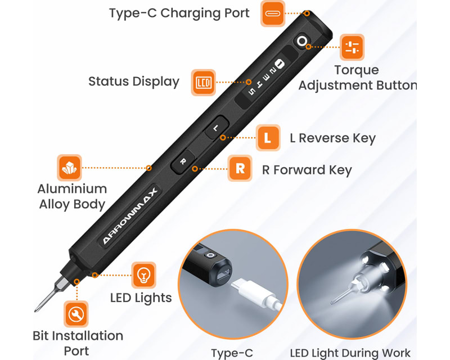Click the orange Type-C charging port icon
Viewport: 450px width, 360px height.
(x=274, y=13)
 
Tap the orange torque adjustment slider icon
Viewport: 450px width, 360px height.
(x=352, y=47)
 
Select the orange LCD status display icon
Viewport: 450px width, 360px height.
(x=203, y=82)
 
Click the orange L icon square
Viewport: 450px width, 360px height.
(x=268, y=138)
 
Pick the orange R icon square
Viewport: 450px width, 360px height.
(x=240, y=169)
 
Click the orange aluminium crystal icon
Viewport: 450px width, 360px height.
(x=69, y=168)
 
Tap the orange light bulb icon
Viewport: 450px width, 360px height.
(x=143, y=275)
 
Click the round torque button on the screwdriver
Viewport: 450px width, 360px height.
(x=303, y=41)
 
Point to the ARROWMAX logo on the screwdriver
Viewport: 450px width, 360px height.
(x=130, y=217)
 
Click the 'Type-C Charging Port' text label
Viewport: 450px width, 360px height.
(x=179, y=13)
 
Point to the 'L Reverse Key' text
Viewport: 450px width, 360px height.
(x=332, y=138)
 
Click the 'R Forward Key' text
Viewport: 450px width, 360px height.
(x=307, y=170)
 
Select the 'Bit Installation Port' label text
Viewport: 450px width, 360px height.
(x=78, y=343)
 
